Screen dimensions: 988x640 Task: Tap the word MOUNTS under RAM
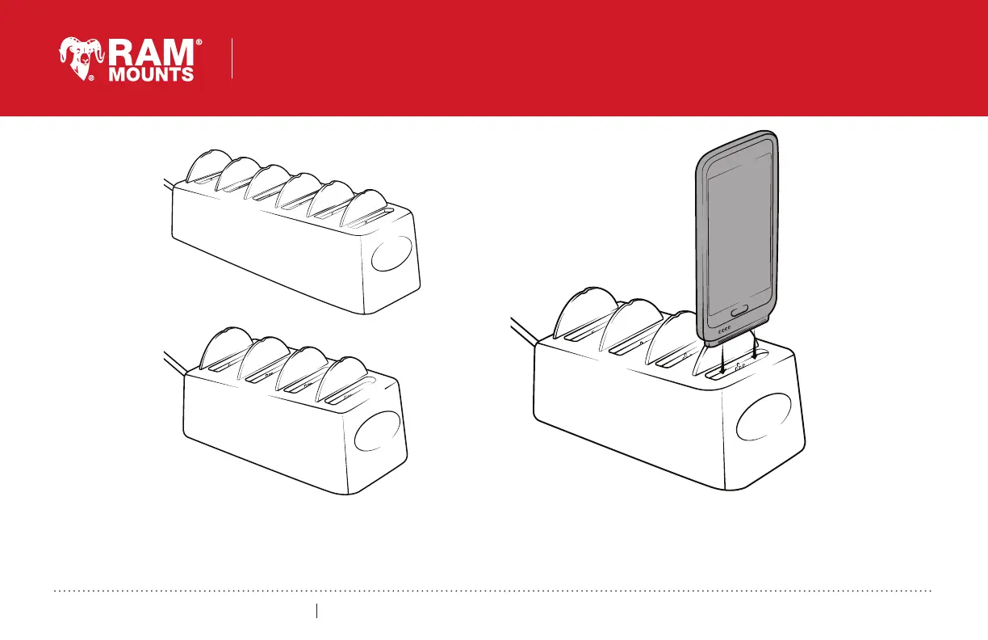[151, 74]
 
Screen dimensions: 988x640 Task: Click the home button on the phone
[739, 312]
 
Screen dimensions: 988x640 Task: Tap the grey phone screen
[739, 238]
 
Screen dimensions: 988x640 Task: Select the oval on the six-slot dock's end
[391, 253]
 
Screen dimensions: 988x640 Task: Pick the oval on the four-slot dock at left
[377, 431]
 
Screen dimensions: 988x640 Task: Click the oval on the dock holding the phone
[764, 417]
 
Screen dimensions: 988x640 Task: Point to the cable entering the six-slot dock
[169, 184]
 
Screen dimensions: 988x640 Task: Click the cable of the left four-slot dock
[174, 364]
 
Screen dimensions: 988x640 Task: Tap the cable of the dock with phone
[524, 331]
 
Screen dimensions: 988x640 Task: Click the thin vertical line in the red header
[232, 59]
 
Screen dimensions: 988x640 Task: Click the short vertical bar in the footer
[316, 611]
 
